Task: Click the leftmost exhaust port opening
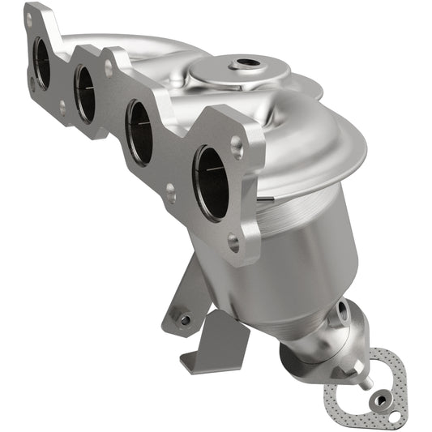(x=41, y=64)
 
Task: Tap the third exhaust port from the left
(x=139, y=131)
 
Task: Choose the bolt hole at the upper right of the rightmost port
(x=236, y=145)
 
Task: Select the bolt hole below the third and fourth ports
(x=170, y=192)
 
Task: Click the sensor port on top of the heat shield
(x=245, y=62)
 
